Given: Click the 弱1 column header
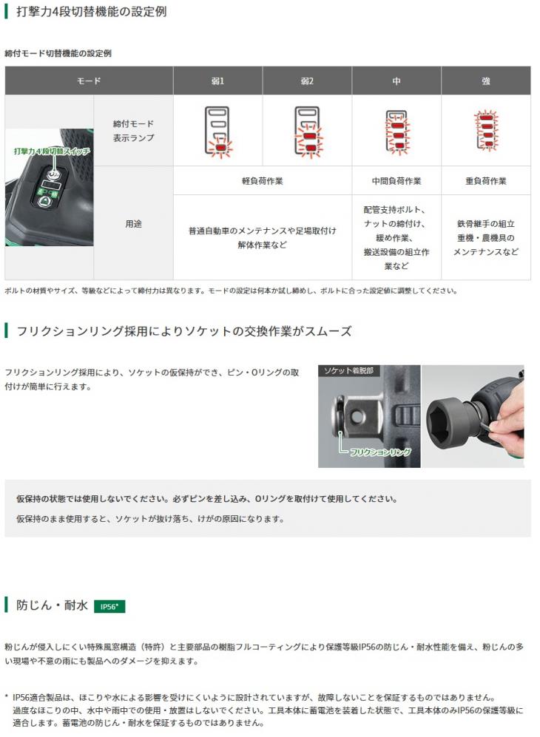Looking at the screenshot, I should [x=217, y=81].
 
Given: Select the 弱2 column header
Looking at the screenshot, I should [x=307, y=81].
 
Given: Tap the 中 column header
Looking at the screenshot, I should [x=396, y=81].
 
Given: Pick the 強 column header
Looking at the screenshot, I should [x=486, y=81].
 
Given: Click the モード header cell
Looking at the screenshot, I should [x=89, y=81].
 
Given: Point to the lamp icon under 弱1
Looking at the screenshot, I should [x=217, y=131].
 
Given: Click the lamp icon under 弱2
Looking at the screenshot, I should [x=307, y=131].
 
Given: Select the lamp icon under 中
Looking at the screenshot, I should [x=396, y=131].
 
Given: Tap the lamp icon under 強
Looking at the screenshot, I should [x=486, y=131].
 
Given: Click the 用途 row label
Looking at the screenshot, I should [x=133, y=223].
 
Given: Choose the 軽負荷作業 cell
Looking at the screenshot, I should [x=262, y=180].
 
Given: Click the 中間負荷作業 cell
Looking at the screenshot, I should [x=396, y=180].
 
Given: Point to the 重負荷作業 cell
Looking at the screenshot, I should [x=486, y=180].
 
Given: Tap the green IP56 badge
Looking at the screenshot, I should [x=110, y=607].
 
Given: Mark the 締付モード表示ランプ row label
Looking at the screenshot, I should [x=133, y=130].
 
